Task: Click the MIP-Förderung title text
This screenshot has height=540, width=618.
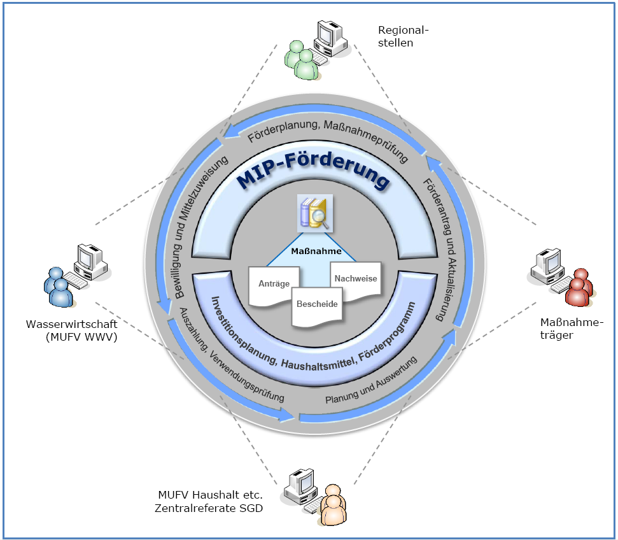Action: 314,178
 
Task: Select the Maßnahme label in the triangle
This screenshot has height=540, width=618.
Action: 316,251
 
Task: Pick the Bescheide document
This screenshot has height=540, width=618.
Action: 317,304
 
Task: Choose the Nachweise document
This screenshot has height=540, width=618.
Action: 356,278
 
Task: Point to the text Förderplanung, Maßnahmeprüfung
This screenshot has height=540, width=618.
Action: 327,138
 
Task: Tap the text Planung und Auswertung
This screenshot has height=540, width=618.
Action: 370,380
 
